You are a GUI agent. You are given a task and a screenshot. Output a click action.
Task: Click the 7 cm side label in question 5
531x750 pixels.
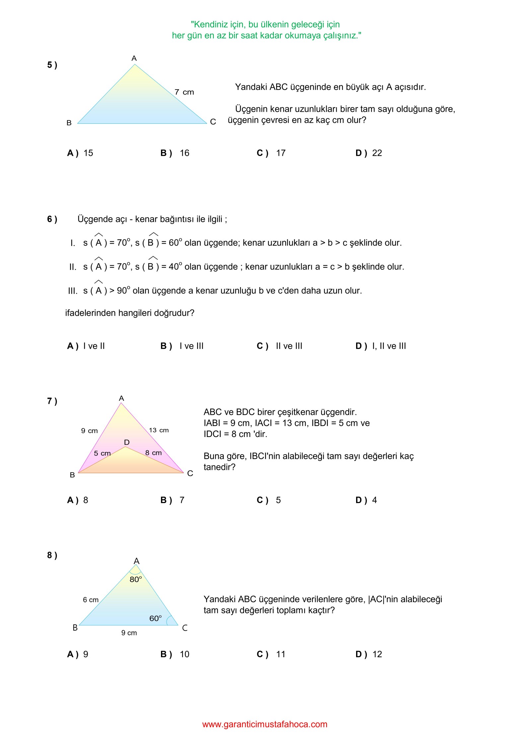184,92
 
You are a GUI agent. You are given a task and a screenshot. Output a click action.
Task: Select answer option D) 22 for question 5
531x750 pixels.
369,153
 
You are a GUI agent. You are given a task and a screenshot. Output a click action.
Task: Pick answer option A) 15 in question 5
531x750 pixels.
80,153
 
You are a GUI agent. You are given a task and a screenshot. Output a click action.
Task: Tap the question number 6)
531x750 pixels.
52,219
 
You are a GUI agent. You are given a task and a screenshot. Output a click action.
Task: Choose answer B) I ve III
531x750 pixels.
182,346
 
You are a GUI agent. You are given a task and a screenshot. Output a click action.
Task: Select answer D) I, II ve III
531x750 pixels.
381,346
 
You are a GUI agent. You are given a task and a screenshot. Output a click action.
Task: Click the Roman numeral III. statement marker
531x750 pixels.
73,291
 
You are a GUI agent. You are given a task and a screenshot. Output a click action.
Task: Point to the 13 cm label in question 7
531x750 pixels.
159,430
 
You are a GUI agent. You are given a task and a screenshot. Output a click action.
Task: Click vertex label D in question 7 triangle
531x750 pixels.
127,442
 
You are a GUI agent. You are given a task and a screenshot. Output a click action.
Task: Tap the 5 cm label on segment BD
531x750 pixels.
102,453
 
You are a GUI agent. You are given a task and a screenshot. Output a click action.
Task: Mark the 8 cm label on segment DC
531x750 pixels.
153,453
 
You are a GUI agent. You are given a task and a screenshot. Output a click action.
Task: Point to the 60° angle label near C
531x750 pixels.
155,618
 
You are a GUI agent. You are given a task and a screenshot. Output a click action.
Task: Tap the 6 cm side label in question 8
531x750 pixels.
91,600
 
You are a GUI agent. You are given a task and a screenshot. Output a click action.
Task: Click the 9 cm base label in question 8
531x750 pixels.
129,633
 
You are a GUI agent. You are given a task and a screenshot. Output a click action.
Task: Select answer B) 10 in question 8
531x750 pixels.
175,655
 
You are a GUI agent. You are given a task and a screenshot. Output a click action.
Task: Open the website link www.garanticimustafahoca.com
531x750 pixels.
265,724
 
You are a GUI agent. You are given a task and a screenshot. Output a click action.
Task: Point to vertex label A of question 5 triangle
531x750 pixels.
134,59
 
